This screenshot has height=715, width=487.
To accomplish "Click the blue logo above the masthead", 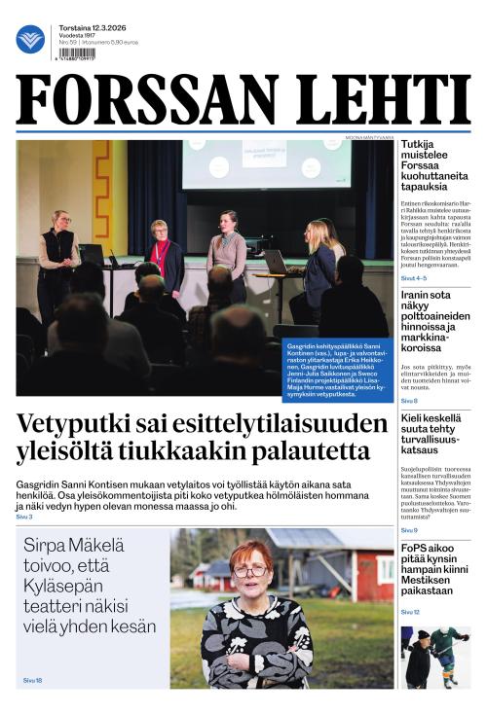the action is click(30, 39).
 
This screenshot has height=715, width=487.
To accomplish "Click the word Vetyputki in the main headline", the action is click(79, 426).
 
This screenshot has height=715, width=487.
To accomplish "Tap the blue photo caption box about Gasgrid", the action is click(336, 370).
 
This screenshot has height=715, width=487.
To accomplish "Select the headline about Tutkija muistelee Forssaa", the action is click(434, 164).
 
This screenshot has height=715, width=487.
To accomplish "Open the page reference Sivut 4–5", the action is click(415, 277).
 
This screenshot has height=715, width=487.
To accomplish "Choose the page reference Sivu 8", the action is click(409, 401).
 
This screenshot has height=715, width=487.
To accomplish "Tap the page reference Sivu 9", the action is click(409, 530).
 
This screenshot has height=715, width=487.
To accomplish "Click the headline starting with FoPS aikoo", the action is click(434, 569).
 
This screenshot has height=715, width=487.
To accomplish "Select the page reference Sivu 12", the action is click(410, 612).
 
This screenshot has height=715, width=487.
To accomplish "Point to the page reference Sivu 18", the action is click(33, 680).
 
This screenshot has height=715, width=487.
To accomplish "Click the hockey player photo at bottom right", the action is click(434, 657).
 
